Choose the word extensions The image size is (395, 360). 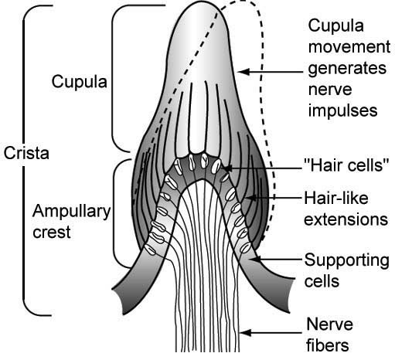[346, 219]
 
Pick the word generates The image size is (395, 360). [346, 69]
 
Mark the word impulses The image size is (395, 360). [344, 110]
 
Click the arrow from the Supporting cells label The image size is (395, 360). [278, 261]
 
